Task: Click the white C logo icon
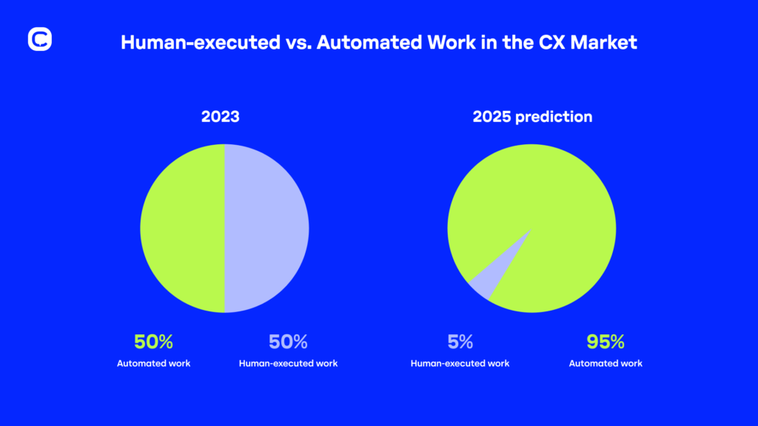39,39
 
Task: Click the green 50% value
153,342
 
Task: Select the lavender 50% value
288,342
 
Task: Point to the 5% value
460,342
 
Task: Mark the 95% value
606,342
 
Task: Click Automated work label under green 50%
153,363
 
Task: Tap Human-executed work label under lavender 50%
288,363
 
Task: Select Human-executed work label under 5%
460,363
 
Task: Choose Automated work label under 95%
606,363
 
